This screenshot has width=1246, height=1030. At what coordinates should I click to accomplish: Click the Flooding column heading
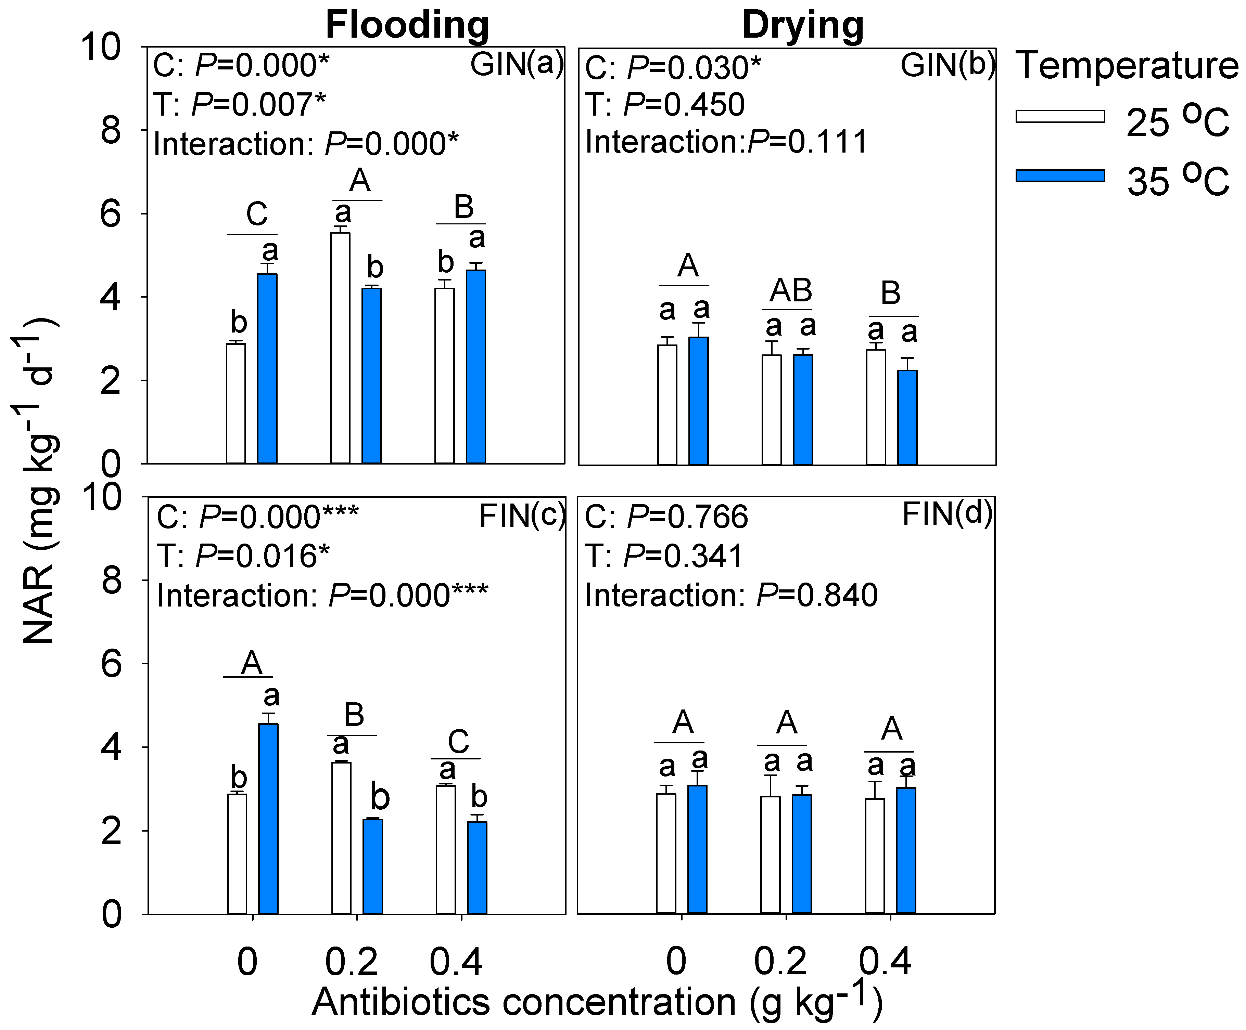click(408, 25)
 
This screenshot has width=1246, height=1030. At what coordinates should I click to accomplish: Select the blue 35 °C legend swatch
click(1060, 175)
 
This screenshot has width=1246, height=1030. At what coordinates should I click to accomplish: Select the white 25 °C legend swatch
click(1060, 116)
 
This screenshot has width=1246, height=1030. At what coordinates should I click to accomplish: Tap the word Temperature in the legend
click(1127, 65)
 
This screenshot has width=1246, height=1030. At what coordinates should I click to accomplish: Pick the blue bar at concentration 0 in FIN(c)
click(268, 818)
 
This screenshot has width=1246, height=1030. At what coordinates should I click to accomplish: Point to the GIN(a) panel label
click(516, 64)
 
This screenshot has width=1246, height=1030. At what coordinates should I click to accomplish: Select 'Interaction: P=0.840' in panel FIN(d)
click(731, 595)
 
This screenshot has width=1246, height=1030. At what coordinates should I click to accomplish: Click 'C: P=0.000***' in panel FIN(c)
click(257, 517)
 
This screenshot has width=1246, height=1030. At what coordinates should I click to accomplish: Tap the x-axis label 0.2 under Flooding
click(351, 962)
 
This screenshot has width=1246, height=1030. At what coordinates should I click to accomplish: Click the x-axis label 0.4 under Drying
click(885, 962)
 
